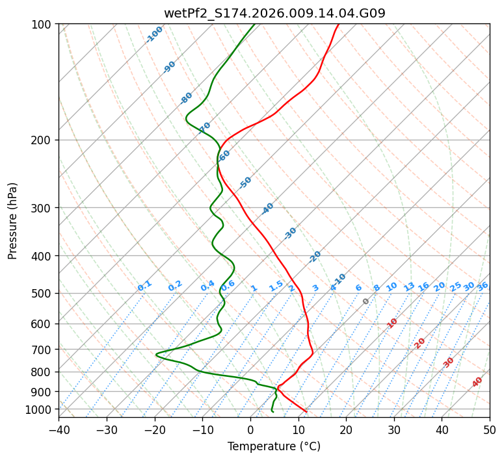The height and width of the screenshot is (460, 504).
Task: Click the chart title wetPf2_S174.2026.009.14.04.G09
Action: (274, 13)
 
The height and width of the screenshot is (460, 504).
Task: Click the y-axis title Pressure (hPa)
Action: (13, 221)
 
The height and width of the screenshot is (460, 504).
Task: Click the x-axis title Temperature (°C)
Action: (274, 446)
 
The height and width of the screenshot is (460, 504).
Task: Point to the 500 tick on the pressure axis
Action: (43, 294)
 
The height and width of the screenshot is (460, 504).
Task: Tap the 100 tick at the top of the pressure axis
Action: (43, 25)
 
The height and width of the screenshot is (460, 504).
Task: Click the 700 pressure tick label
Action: (43, 350)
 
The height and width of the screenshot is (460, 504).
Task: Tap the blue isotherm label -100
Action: (154, 34)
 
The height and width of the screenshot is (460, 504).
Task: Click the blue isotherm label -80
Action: (187, 98)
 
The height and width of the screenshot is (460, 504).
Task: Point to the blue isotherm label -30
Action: (290, 233)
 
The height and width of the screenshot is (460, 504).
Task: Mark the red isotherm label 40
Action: (477, 382)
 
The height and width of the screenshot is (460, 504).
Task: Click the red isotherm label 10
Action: (392, 323)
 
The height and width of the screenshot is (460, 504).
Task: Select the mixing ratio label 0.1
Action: (144, 286)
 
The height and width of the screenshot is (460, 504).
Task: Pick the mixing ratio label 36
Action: (483, 287)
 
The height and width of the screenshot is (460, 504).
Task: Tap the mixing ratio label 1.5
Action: (276, 285)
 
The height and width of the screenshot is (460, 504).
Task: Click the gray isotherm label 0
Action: (366, 301)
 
